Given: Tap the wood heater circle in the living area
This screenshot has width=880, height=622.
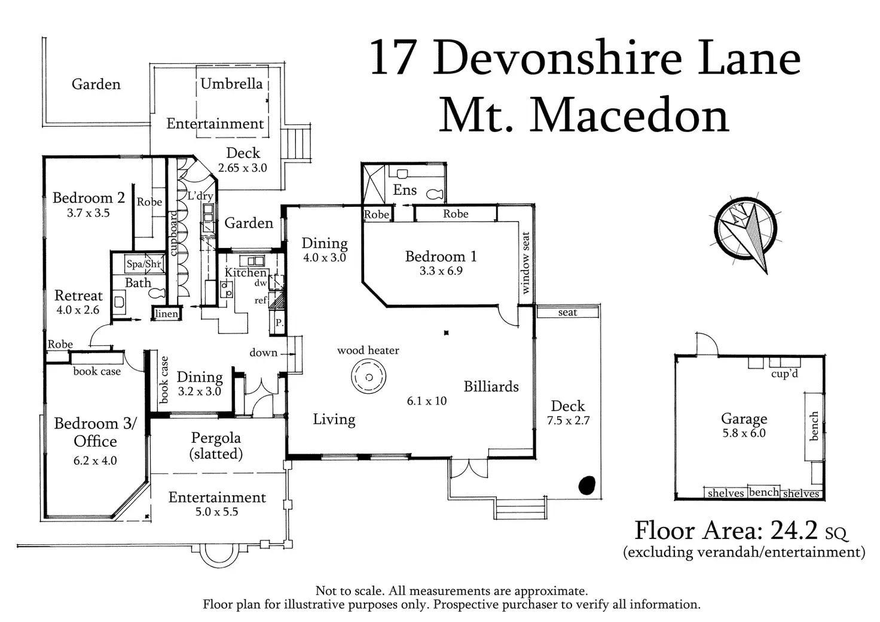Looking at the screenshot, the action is tap(368, 377).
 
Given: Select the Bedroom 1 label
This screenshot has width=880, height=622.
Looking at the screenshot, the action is tap(441, 256).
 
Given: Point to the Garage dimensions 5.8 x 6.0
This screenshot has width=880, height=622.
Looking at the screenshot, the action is tap(744, 433).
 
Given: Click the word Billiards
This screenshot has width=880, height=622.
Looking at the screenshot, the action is tap(491, 387).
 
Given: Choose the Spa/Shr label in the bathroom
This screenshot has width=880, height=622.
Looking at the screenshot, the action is tap(144, 264).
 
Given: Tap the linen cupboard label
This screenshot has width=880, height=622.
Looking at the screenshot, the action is tap(167, 314).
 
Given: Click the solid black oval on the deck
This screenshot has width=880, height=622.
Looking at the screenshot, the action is tap(587, 485).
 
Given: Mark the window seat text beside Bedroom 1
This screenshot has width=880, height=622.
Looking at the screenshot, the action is tap(525, 263).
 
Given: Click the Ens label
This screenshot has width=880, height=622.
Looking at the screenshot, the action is tap(405, 190).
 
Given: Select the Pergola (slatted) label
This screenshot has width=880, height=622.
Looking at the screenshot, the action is tap(216, 446).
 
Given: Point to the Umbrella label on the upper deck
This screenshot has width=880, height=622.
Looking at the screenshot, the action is tap(231, 84).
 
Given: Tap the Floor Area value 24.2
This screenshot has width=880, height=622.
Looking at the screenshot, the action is tap(794, 530).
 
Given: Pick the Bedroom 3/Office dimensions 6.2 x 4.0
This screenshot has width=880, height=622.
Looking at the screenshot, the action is tap(95, 460).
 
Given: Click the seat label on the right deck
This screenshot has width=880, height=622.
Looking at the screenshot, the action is tap(567, 312).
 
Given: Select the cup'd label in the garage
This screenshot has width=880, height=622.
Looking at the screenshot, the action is tap(784, 373).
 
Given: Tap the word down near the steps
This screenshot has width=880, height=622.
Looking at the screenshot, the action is tap(263, 353).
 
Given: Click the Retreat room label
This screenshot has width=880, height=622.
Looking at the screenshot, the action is tap(78, 295).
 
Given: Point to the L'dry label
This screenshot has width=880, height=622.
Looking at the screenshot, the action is tap(200, 195).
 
